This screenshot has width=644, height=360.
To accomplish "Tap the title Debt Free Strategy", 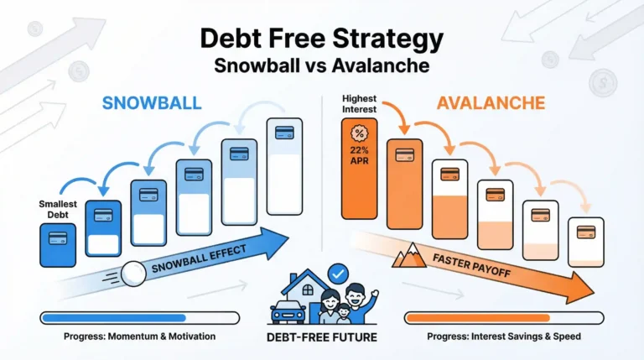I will (321, 39).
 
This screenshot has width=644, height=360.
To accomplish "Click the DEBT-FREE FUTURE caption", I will (321, 337).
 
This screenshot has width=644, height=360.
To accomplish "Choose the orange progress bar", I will (503, 317).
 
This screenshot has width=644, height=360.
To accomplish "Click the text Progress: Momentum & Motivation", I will (139, 337).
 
